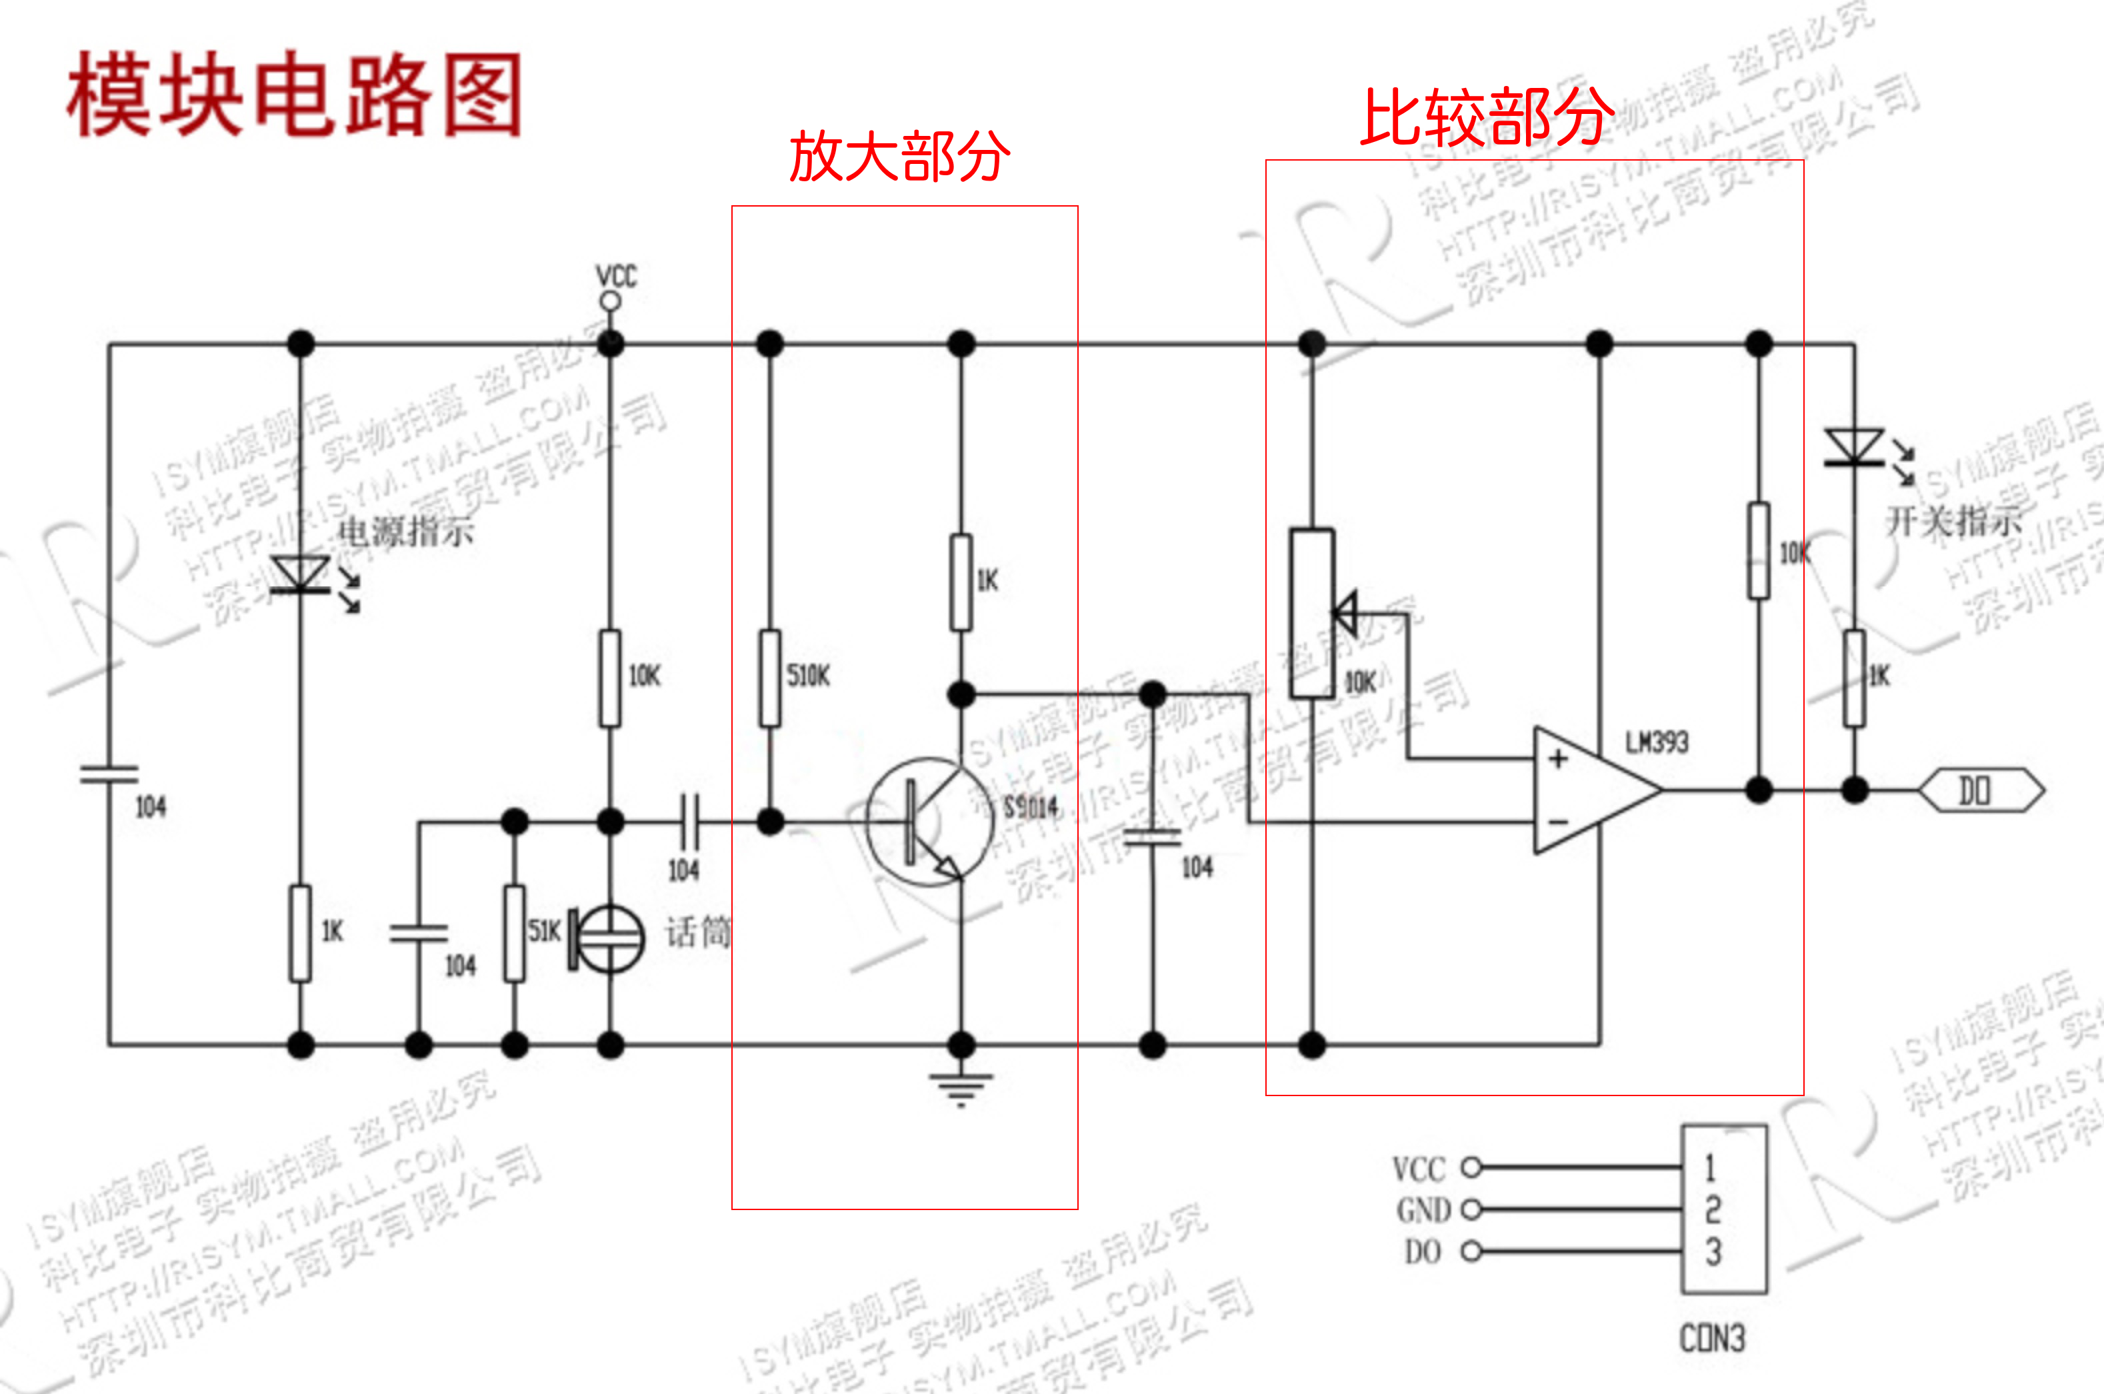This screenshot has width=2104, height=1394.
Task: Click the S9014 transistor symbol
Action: pyautogui.click(x=929, y=822)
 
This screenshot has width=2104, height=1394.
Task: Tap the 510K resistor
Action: pyautogui.click(x=770, y=678)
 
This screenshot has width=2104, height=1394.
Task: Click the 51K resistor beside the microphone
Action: pyautogui.click(x=514, y=933)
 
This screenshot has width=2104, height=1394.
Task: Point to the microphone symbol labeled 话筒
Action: pyautogui.click(x=608, y=938)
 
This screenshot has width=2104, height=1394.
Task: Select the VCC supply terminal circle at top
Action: pyautogui.click(x=610, y=301)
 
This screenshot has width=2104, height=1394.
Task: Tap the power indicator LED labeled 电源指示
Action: pyautogui.click(x=301, y=574)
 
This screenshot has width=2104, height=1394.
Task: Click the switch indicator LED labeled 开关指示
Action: pyautogui.click(x=1853, y=447)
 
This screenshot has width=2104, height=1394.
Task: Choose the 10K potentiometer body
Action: pyautogui.click(x=1311, y=614)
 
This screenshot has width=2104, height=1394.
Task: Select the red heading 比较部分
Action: pyautogui.click(x=1487, y=117)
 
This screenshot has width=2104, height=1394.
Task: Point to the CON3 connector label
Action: pyautogui.click(x=1712, y=1338)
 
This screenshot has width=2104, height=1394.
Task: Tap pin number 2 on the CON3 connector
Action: pyautogui.click(x=1713, y=1209)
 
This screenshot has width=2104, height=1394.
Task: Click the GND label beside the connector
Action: pyautogui.click(x=1423, y=1210)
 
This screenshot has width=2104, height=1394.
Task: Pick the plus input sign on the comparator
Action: pyautogui.click(x=1558, y=758)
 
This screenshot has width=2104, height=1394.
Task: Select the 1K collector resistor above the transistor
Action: pyautogui.click(x=961, y=582)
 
